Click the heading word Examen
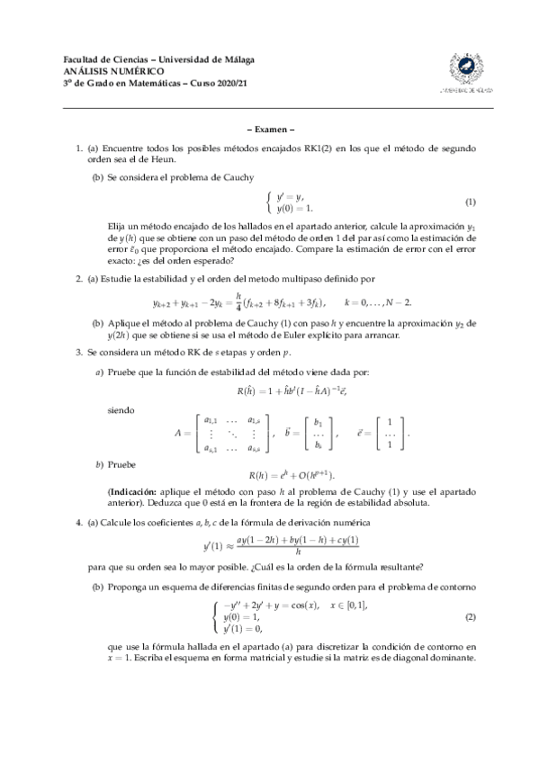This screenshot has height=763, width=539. point(270,129)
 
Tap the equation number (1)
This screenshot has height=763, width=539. point(470,202)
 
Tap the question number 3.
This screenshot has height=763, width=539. point(78,352)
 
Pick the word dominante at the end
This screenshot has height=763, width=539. point(451,657)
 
